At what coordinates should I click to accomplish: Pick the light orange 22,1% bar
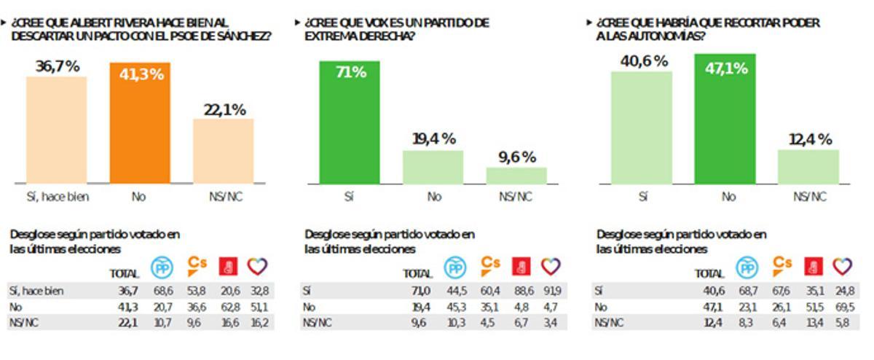tap(223, 151)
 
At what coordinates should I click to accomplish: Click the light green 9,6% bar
tap(516, 176)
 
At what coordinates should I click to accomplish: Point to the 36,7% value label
tap(57, 67)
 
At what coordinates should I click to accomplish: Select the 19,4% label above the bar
tap(434, 138)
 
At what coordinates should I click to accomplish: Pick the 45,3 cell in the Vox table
tap(455, 307)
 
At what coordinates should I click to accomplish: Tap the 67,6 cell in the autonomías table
tap(782, 291)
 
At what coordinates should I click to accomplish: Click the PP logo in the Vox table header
tap(456, 267)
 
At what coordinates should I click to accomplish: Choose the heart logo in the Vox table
tap(551, 266)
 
